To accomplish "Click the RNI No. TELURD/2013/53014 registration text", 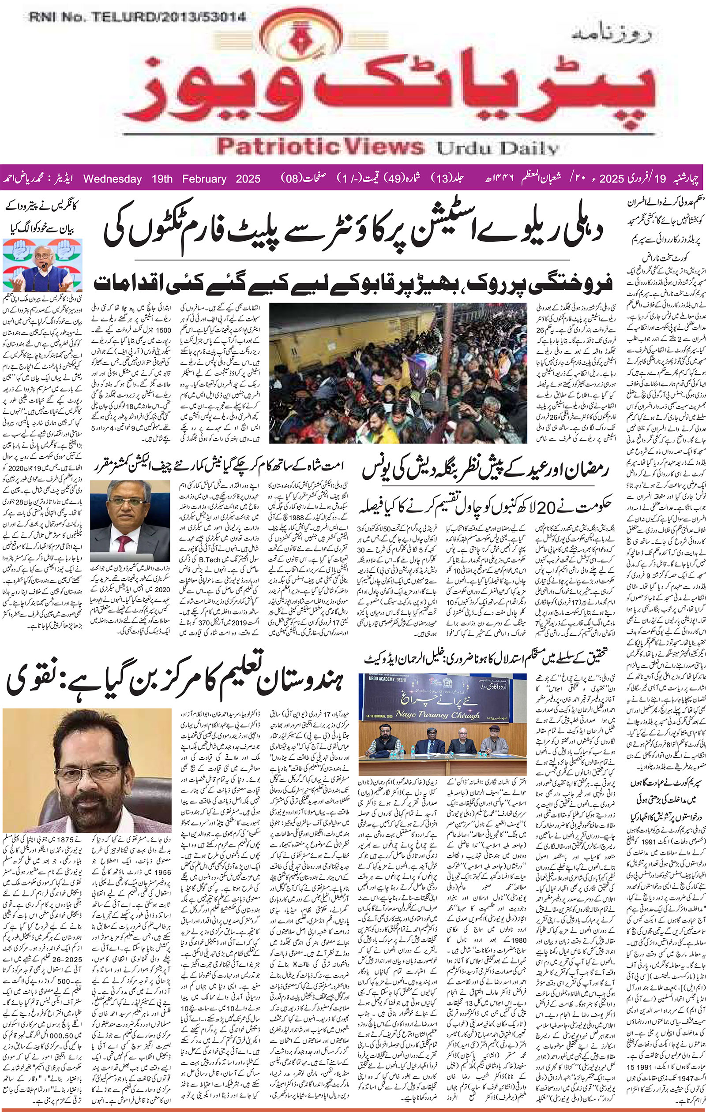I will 138,18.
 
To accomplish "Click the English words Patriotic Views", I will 320,147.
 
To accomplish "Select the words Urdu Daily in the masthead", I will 498,149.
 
